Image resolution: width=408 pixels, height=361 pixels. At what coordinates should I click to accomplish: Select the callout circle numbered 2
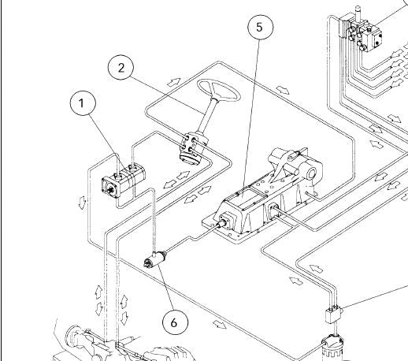(x=121, y=67)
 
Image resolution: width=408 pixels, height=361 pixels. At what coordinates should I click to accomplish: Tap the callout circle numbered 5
(x=261, y=27)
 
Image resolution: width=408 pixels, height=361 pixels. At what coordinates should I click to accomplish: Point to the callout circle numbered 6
(x=175, y=322)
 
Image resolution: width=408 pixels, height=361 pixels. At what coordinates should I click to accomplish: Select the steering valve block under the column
(x=192, y=148)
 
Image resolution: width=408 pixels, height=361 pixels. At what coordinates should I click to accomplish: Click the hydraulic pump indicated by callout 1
(x=123, y=180)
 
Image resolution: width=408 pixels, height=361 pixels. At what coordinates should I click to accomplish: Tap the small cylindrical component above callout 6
(x=154, y=259)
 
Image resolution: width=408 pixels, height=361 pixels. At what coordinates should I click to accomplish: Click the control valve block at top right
(x=364, y=33)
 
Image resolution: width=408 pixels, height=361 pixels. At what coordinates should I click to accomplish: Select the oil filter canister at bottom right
(x=332, y=348)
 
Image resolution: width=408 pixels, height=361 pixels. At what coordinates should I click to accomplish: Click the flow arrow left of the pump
(x=82, y=203)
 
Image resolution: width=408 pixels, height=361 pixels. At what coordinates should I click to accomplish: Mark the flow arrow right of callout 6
(x=220, y=325)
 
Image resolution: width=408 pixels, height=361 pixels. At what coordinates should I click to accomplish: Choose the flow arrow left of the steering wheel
(x=174, y=82)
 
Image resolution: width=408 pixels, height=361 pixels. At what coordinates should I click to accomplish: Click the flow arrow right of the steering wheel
(x=283, y=90)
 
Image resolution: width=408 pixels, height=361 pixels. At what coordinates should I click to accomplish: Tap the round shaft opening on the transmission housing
(x=312, y=173)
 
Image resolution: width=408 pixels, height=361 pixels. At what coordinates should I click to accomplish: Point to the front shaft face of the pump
(x=110, y=188)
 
